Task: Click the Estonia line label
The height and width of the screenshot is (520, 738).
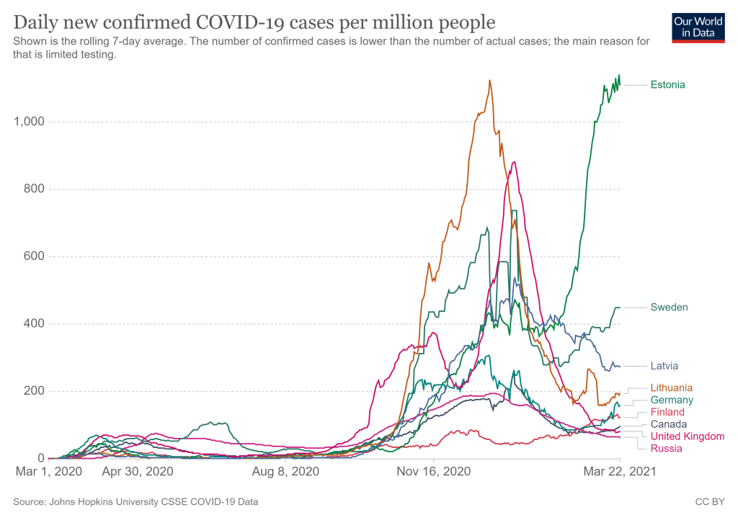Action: tap(667, 84)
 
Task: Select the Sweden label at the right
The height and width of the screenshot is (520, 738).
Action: tap(669, 308)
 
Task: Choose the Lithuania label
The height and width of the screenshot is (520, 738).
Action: tap(671, 387)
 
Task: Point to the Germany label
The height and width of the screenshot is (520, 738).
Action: tap(672, 400)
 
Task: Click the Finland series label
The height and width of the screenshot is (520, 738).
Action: tap(667, 412)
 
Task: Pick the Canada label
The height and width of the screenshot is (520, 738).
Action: tap(668, 424)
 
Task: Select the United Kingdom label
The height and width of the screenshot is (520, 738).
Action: tap(687, 436)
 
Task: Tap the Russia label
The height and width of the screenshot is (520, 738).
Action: tap(666, 449)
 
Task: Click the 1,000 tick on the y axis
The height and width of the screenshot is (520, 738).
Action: tap(30, 122)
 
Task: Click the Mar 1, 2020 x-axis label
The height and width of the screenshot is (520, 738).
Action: tap(48, 472)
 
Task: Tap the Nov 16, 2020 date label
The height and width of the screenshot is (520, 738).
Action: tap(434, 472)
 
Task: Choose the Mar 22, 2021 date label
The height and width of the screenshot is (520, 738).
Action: tap(620, 472)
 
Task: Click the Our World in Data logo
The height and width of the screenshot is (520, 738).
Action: tap(698, 27)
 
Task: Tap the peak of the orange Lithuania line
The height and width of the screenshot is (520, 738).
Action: tap(490, 80)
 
